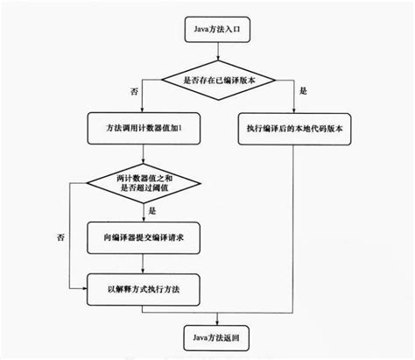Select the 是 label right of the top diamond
304,91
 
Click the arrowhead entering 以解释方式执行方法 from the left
85,286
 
